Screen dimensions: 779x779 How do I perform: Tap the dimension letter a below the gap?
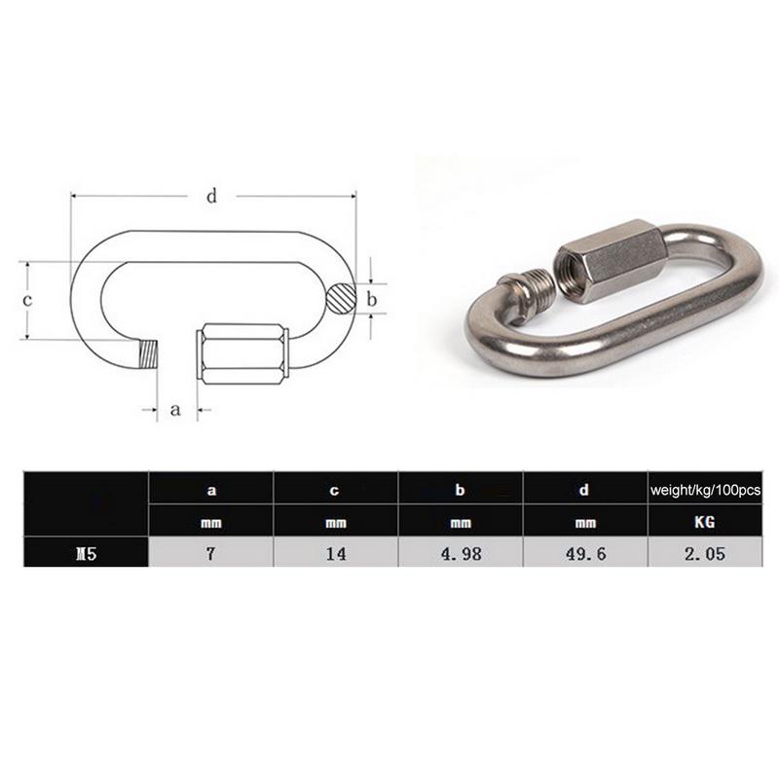[x=176, y=409]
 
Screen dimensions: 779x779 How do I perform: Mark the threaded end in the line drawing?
[x=148, y=353]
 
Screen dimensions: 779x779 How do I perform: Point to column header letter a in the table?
[x=210, y=493]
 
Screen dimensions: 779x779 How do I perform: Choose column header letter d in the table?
[x=585, y=493]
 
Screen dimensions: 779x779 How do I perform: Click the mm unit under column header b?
[x=462, y=523]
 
